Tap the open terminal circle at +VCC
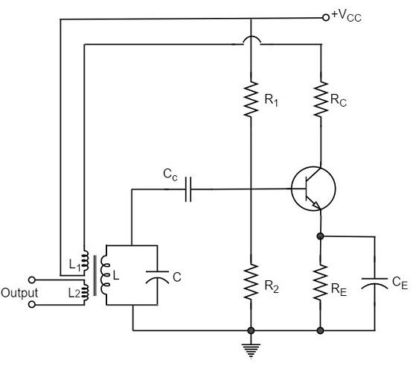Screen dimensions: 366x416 coord(325,16)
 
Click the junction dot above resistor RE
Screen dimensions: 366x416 coord(320,237)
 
